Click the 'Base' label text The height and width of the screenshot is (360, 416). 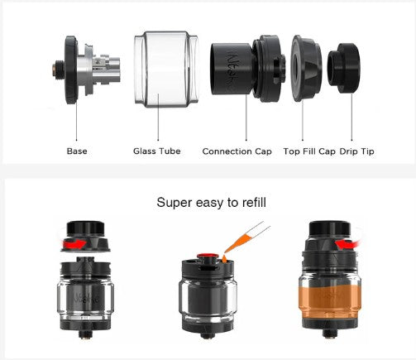click(77, 151)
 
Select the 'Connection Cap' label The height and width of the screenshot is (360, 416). click(238, 151)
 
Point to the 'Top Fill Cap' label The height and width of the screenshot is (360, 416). click(309, 151)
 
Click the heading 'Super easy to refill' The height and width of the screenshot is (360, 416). click(212, 201)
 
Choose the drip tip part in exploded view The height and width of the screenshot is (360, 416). click(344, 70)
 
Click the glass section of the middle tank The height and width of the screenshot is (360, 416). click(205, 298)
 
